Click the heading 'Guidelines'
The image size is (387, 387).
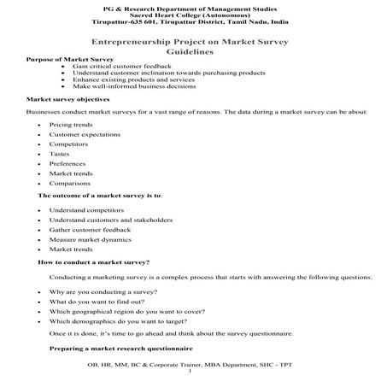[193, 52]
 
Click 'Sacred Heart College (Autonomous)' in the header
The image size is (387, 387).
[193, 15]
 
